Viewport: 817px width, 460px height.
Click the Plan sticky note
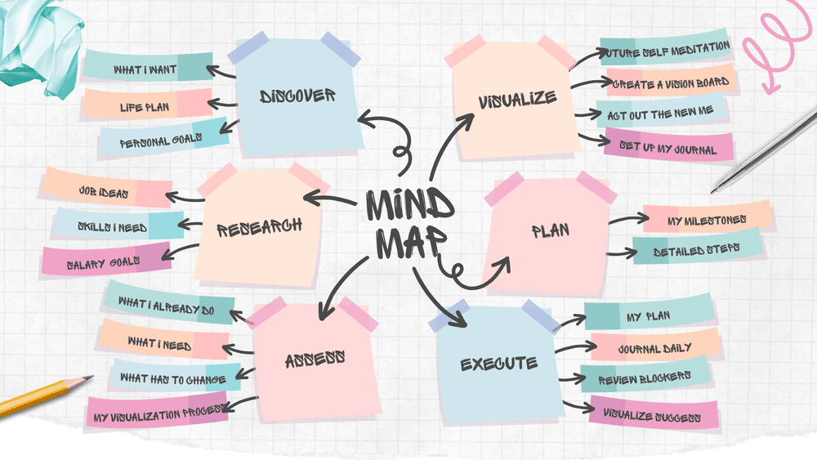pyautogui.click(x=549, y=231)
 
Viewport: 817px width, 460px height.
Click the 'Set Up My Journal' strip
pyautogui.click(x=667, y=148)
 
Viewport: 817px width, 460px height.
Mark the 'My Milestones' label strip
pyautogui.click(x=707, y=220)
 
